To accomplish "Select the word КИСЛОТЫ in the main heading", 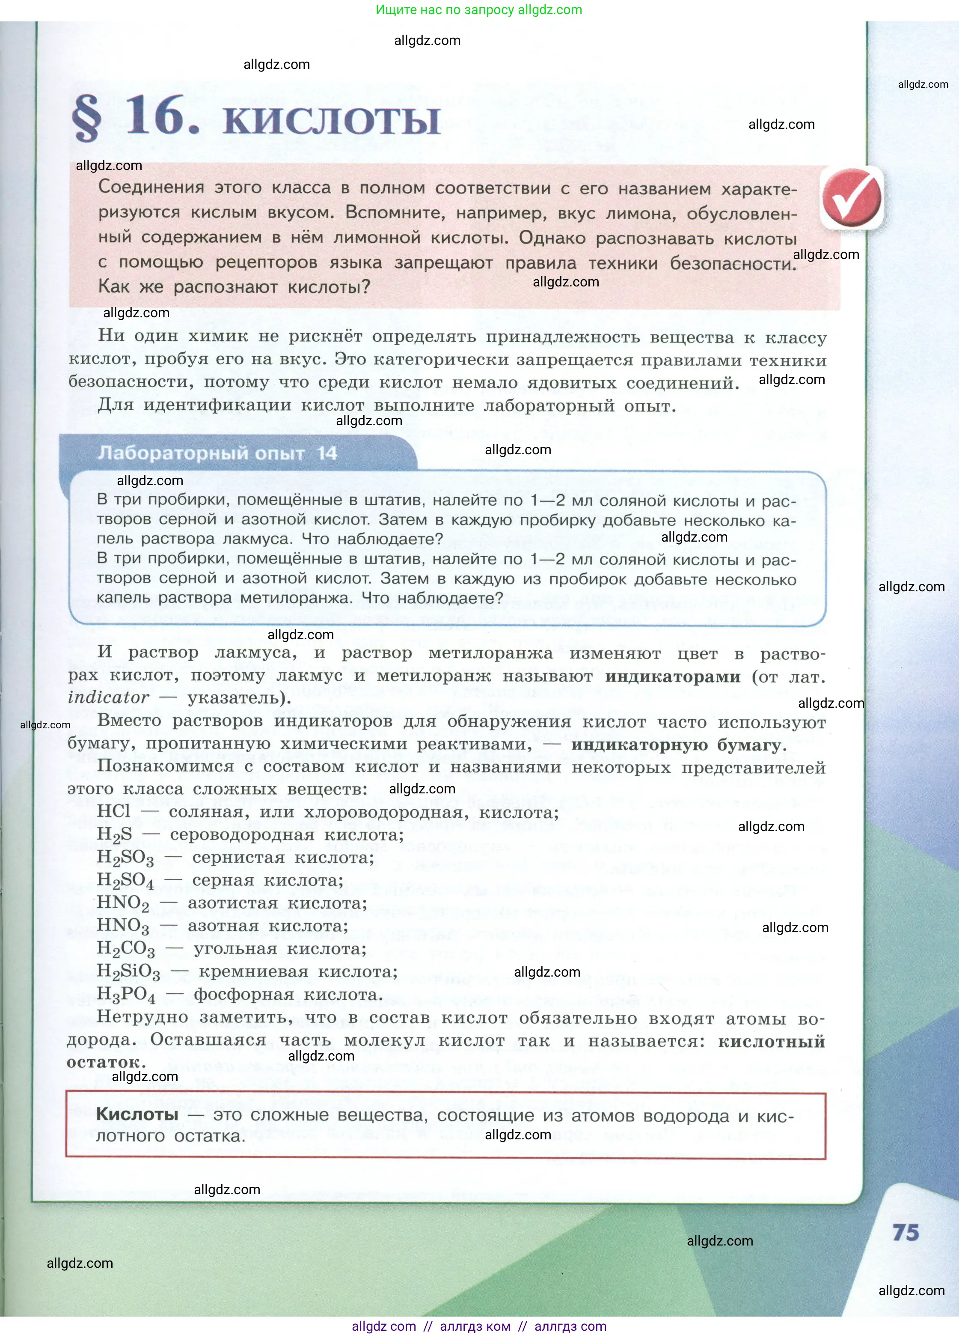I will point(332,120).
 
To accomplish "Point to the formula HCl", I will point(113,811).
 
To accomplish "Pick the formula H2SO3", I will point(125,858).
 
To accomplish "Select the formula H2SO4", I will point(125,881).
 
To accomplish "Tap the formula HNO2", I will point(123,903).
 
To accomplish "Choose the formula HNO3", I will point(123,926).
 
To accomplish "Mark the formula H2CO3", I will point(126,949).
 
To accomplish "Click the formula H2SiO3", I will point(128,971).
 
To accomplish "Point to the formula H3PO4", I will point(126,994).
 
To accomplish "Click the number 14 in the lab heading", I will point(327,453).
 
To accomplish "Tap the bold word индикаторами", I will point(672,676).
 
